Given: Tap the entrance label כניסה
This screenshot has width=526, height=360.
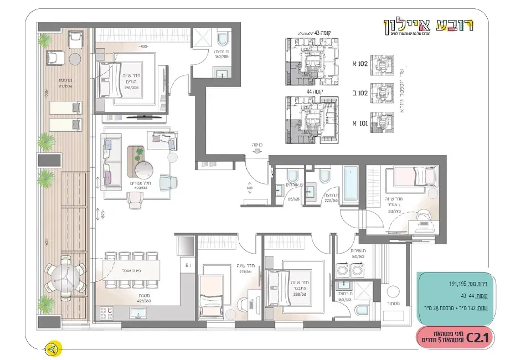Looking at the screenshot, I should click(x=257, y=146).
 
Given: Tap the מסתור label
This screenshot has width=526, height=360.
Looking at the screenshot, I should click(x=394, y=304).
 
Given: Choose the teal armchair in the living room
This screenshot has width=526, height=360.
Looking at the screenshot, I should click(x=166, y=182).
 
